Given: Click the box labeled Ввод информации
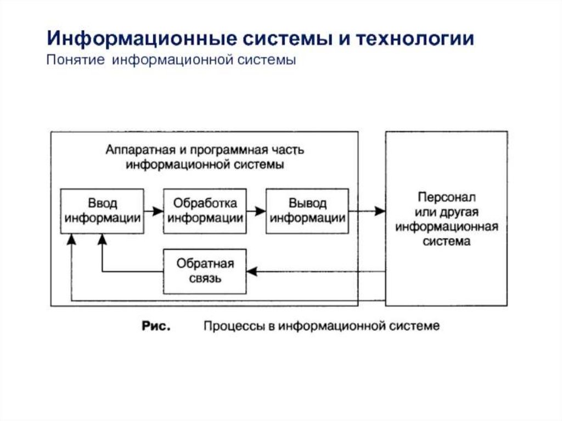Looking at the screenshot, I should (x=102, y=211).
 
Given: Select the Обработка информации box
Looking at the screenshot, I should (x=205, y=211).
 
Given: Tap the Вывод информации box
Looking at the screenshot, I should (x=307, y=211).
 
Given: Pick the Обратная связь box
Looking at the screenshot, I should (x=205, y=271).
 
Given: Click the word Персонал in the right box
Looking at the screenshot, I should (x=446, y=197).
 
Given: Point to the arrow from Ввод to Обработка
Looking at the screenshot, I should (x=154, y=211).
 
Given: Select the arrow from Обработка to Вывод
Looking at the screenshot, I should (x=256, y=211).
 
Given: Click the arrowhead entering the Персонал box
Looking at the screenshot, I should (x=380, y=211).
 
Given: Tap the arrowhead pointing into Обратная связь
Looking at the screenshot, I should (x=251, y=271).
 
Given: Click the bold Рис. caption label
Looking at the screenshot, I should (x=156, y=326).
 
